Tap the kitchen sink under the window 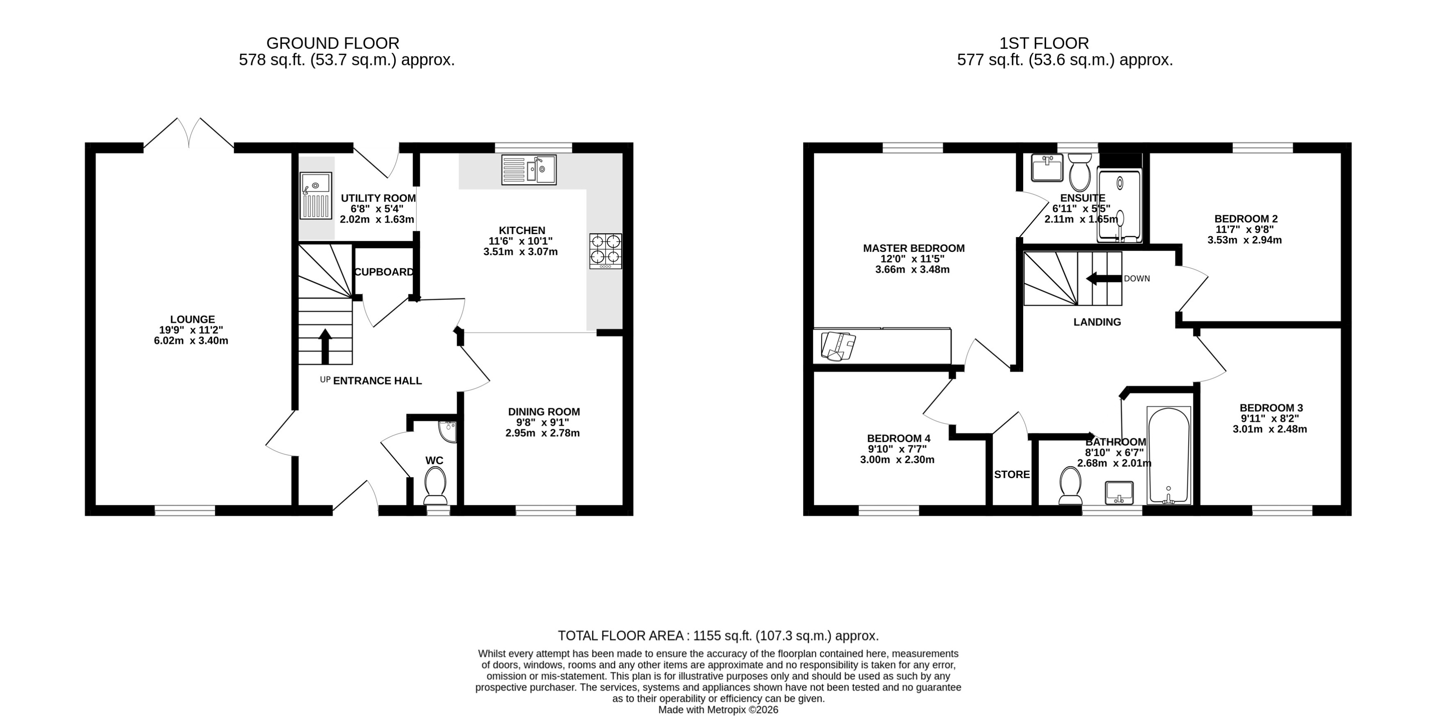pos(529,170)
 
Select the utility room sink pos(316,195)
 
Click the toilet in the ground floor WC pos(435,484)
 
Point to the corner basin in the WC pos(448,430)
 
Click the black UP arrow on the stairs pos(325,346)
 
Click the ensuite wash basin pos(1047,168)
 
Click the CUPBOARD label pos(384,272)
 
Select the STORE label pos(1011,474)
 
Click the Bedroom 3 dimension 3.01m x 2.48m pos(1269,429)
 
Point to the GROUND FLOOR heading pos(333,43)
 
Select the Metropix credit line pos(718,710)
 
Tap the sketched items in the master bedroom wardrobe pos(838,346)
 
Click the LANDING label pos(1097,322)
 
